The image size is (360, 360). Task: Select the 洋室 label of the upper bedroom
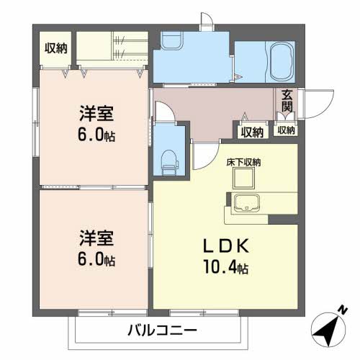click(x=95, y=114)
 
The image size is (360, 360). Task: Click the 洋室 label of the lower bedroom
click(x=95, y=236)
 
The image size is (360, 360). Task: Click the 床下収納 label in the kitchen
click(x=242, y=163)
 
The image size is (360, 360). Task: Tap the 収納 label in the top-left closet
click(x=56, y=49)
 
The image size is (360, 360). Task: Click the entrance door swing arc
click(x=314, y=101)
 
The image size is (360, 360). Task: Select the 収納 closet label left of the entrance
click(x=252, y=131)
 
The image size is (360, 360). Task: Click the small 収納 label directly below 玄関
click(x=287, y=130)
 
